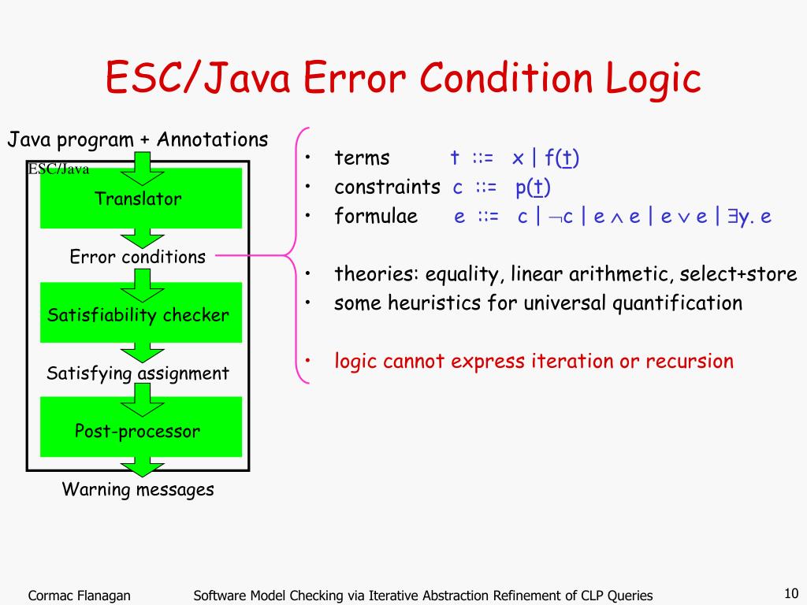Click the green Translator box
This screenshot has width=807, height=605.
141,198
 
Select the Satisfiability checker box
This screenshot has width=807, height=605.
141,312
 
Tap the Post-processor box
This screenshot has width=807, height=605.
141,426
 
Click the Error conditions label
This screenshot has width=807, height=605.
137,256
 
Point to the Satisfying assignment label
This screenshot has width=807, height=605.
137,373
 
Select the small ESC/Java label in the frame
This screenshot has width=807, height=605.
58,169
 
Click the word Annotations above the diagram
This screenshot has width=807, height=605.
212,139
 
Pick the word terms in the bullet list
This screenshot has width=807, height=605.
362,158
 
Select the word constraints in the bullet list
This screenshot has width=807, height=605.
387,187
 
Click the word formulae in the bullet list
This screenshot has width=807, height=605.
376,216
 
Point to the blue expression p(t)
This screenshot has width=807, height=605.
533,187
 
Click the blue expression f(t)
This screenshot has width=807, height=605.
561,158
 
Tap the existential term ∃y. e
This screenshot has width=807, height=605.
749,217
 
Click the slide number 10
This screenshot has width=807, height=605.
791,592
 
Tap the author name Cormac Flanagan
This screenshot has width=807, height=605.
79,596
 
